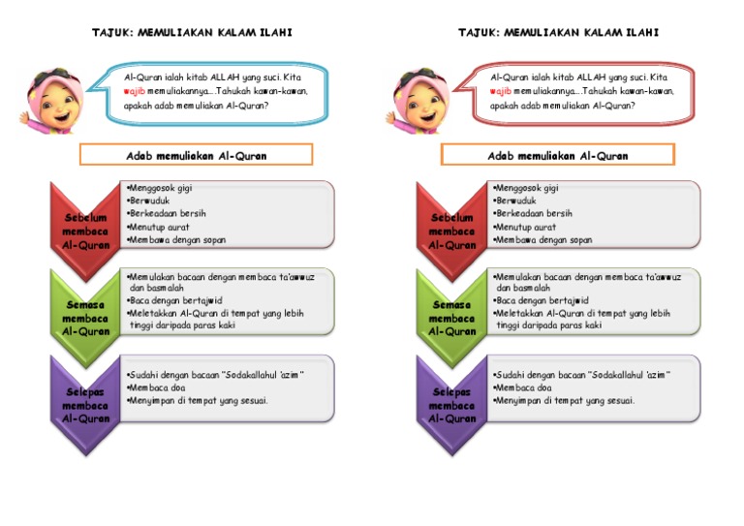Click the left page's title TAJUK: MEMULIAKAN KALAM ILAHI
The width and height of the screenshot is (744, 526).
tap(192, 33)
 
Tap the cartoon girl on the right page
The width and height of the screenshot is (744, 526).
tap(418, 96)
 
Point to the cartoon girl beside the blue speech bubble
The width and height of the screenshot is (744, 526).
tap(52, 96)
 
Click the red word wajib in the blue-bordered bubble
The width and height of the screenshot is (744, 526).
tap(135, 90)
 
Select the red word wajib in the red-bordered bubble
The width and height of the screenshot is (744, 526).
tap(501, 90)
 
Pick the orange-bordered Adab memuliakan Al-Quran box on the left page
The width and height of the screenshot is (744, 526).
tap(196, 155)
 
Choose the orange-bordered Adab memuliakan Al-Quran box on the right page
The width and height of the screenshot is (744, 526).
tap(558, 155)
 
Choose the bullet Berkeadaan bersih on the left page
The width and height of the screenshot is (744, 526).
tap(169, 213)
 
